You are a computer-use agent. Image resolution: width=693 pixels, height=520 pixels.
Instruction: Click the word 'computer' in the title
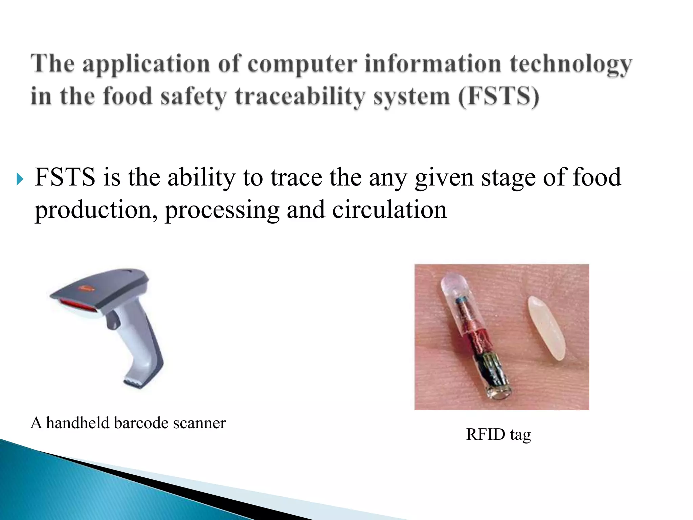click(302, 64)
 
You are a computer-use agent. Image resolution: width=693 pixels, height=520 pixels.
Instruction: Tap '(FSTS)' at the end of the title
click(498, 96)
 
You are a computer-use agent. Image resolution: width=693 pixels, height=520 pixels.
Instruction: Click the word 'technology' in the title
click(571, 64)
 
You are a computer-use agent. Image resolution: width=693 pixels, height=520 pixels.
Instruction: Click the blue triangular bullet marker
click(20, 178)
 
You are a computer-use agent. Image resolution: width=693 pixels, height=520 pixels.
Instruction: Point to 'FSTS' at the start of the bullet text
click(65, 177)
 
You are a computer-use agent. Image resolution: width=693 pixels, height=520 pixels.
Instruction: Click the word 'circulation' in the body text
click(389, 210)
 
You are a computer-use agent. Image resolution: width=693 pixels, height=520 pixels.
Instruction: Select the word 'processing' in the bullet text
click(222, 210)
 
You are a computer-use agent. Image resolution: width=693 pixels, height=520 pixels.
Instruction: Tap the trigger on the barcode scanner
click(113, 320)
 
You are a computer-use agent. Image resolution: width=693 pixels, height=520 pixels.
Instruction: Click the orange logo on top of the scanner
click(87, 288)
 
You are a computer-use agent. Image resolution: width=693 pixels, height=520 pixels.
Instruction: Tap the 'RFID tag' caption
click(498, 434)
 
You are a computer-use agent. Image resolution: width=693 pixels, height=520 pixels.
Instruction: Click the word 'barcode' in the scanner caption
click(141, 423)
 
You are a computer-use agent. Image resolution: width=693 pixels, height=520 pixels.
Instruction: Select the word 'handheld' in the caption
click(78, 423)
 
